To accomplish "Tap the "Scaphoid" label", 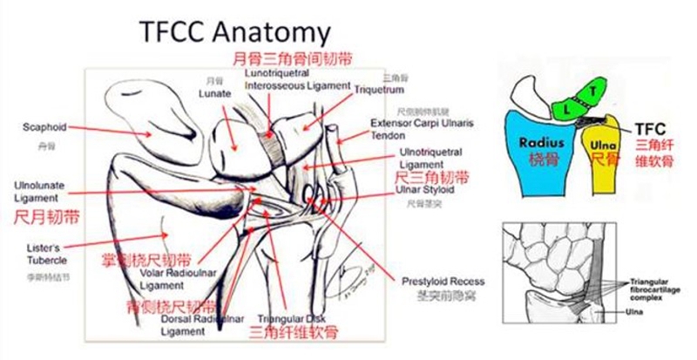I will [x=44, y=127].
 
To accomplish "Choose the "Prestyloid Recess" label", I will [x=443, y=282].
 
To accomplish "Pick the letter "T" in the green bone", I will [x=592, y=91].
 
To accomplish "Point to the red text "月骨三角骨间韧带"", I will [x=281, y=59].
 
